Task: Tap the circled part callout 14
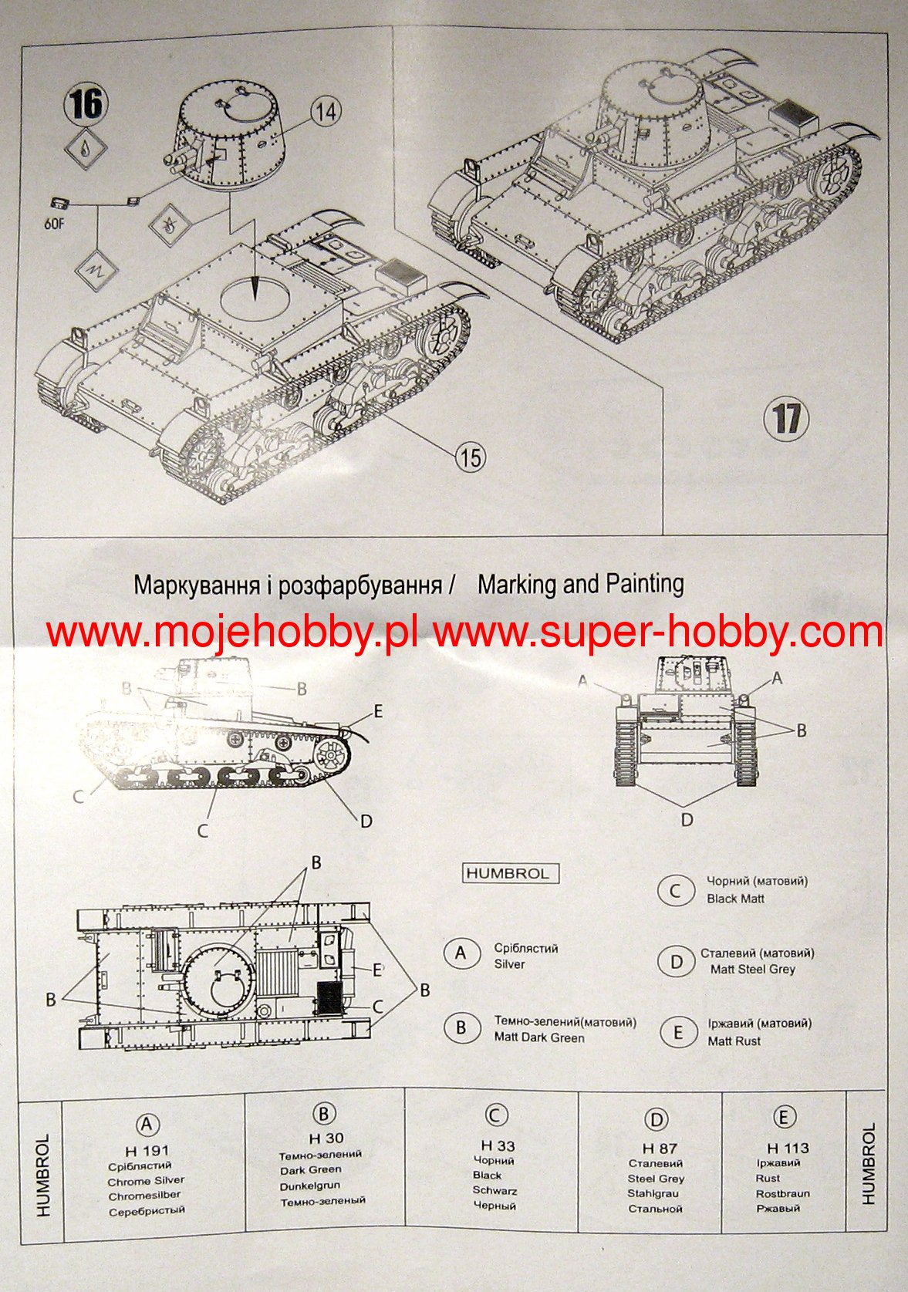coord(326,111)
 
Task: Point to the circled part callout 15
coord(469,457)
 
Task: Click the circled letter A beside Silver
coord(461,953)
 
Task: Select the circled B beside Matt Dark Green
coord(461,1027)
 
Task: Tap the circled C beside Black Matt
coord(675,891)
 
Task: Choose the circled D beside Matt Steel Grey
coord(676,961)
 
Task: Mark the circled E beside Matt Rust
coord(678,1032)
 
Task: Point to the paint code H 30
coord(326,1139)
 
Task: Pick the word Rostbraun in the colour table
coord(782,1193)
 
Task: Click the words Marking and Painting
coord(580,584)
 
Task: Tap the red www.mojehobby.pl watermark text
coord(231,633)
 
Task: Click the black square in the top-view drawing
coord(329,998)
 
